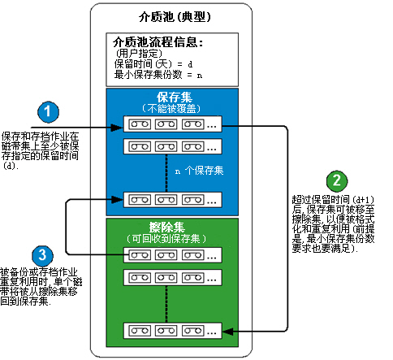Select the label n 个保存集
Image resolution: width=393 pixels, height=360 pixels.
coord(200,171)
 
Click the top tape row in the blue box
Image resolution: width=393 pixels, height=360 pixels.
coord(171,126)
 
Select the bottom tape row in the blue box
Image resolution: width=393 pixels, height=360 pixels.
coord(171,199)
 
